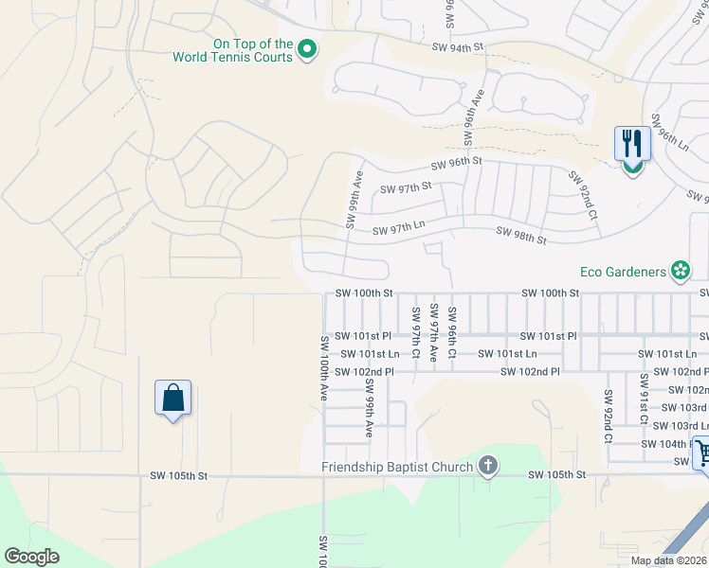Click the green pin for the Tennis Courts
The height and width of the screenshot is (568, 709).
point(306,49)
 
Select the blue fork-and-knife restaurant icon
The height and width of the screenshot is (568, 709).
point(632,144)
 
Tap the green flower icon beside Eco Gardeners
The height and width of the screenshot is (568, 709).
point(680,272)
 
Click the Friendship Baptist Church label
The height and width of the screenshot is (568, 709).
point(396,467)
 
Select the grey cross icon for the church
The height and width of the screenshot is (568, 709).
point(487,466)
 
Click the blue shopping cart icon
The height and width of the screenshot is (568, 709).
point(702,453)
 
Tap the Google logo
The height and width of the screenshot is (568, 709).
point(31,557)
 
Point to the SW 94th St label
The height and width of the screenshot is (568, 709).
point(457,45)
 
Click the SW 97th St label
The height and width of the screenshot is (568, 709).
point(406,188)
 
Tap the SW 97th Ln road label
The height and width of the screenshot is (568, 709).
point(398,230)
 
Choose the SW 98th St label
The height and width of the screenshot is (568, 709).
point(522,236)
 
